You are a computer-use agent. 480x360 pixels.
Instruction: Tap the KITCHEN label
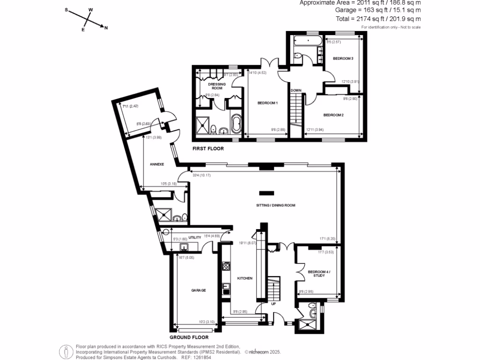(x=244, y=278)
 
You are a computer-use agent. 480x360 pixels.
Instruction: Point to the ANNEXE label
(x=157, y=165)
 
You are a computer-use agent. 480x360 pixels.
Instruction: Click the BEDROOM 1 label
(x=268, y=103)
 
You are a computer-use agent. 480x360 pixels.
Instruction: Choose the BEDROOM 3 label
(x=343, y=59)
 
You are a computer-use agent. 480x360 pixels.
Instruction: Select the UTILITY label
(x=195, y=238)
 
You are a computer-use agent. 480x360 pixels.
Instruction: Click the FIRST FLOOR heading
(x=208, y=149)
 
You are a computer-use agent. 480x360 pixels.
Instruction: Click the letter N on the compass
(x=106, y=28)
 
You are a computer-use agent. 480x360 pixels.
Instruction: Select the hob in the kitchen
(x=226, y=266)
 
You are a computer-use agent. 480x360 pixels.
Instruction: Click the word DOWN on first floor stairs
(x=295, y=90)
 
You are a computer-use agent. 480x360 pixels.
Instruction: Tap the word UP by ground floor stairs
(x=274, y=303)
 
